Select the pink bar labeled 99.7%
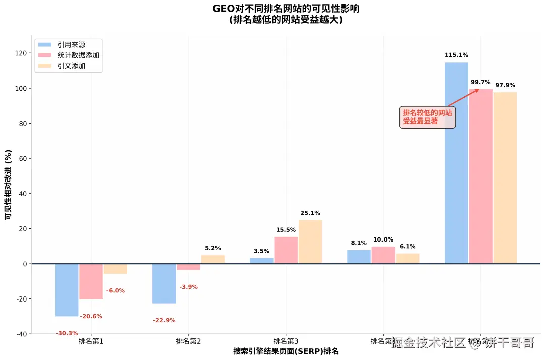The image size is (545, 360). pyautogui.click(x=480, y=176)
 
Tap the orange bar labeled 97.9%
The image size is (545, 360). pyautogui.click(x=505, y=177)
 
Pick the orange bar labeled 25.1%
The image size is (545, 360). pyautogui.click(x=310, y=242)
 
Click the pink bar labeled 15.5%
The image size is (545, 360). pyautogui.click(x=286, y=250)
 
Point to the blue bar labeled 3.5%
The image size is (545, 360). pyautogui.click(x=261, y=261)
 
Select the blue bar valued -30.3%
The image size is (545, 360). pyautogui.click(x=67, y=290)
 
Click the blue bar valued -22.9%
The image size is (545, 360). pyautogui.click(x=164, y=283)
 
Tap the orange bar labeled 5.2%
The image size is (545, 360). pyautogui.click(x=213, y=259)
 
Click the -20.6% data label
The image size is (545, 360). pyautogui.click(x=91, y=316)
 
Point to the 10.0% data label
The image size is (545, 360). pyautogui.click(x=383, y=239)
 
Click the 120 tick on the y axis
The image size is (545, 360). pyautogui.click(x=21, y=53)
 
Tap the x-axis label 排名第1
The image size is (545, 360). pyautogui.click(x=91, y=341)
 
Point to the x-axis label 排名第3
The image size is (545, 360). pyautogui.click(x=286, y=341)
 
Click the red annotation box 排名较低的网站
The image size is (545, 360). pyautogui.click(x=427, y=117)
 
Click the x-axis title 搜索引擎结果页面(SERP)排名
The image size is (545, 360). pyautogui.click(x=286, y=351)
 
